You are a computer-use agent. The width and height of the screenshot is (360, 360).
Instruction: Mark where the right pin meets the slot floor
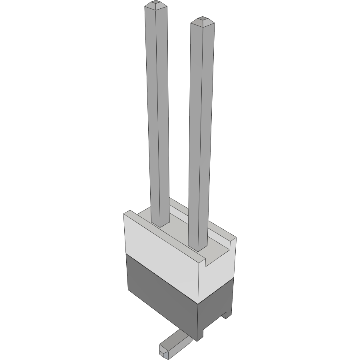coord(198,249)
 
